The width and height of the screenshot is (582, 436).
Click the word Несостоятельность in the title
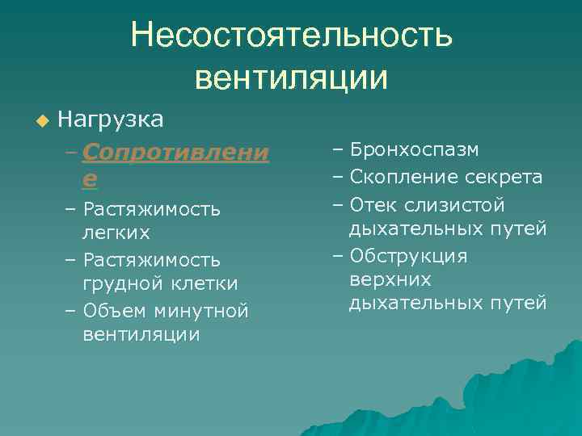coord(292,36)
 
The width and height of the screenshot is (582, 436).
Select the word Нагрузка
coord(112,119)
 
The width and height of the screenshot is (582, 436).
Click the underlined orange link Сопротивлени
coord(175,152)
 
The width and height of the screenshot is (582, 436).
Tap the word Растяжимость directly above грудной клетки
coord(151,260)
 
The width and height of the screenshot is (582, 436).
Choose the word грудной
coord(120,284)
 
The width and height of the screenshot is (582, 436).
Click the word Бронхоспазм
coord(415,150)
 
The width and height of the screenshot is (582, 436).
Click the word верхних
coord(390,280)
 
